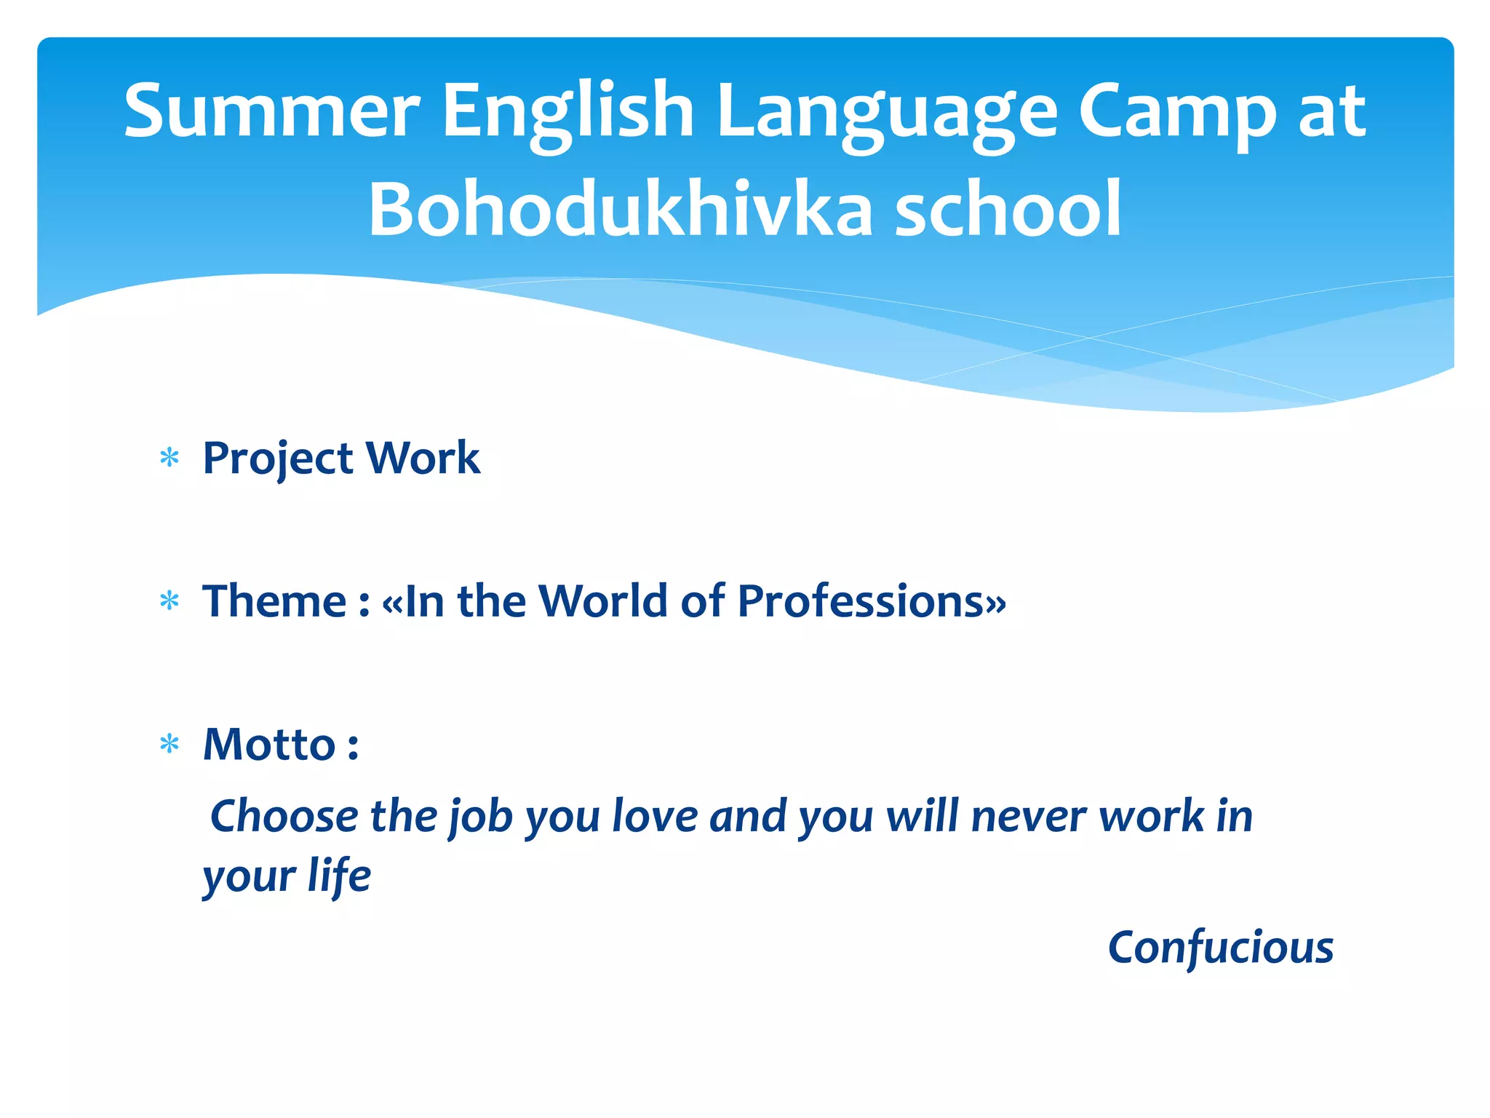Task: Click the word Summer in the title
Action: point(271,111)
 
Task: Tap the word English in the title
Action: point(567,111)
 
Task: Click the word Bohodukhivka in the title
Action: point(620,210)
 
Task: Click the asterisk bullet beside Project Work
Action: point(170,459)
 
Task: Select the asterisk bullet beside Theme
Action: point(170,601)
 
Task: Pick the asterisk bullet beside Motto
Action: point(170,745)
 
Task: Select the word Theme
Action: point(274,601)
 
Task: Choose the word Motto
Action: point(268,745)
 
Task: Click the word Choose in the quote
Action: point(284,816)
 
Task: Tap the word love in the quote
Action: point(655,816)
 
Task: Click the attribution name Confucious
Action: point(1220,948)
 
